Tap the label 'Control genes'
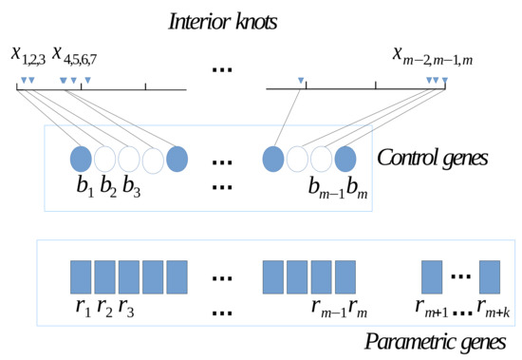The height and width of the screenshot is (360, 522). (432, 157)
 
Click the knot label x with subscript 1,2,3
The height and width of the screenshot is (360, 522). (28, 55)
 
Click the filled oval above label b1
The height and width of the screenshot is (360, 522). (82, 158)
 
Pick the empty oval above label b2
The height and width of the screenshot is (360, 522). (105, 158)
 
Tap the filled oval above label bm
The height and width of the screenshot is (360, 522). (345, 158)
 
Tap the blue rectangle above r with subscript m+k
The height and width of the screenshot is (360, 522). (490, 276)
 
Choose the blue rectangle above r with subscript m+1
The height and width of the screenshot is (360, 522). (431, 276)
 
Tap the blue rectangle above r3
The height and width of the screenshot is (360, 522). (129, 276)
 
